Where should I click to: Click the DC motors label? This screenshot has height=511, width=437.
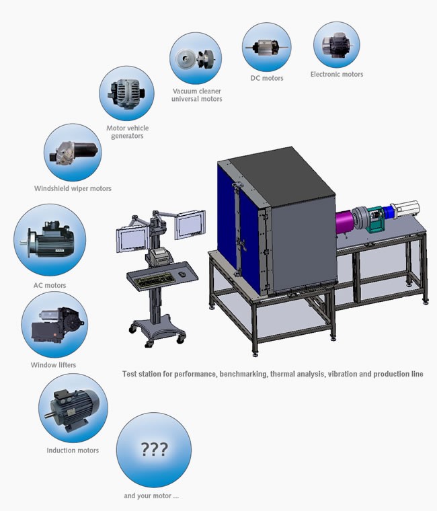[x=266, y=78]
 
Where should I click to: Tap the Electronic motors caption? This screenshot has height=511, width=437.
[x=337, y=75]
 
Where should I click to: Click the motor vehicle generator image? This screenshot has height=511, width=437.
[x=127, y=93]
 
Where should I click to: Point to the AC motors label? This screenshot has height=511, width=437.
[x=50, y=286]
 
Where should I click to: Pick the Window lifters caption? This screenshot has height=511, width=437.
[x=53, y=365]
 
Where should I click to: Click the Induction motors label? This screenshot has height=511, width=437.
[x=73, y=450]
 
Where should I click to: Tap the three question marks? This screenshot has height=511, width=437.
[x=154, y=449]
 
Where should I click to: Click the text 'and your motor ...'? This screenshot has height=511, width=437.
[x=151, y=496]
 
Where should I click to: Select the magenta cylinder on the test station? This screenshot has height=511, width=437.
[x=344, y=223]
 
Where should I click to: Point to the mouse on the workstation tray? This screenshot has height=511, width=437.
[x=182, y=274]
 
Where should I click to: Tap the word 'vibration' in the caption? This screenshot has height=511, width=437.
[x=342, y=374]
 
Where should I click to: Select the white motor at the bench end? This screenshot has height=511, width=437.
[x=405, y=209]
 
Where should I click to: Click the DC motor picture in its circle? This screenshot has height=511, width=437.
[x=266, y=48]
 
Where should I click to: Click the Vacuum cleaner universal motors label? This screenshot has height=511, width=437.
[x=197, y=95]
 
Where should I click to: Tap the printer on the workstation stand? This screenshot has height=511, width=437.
[x=160, y=255]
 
